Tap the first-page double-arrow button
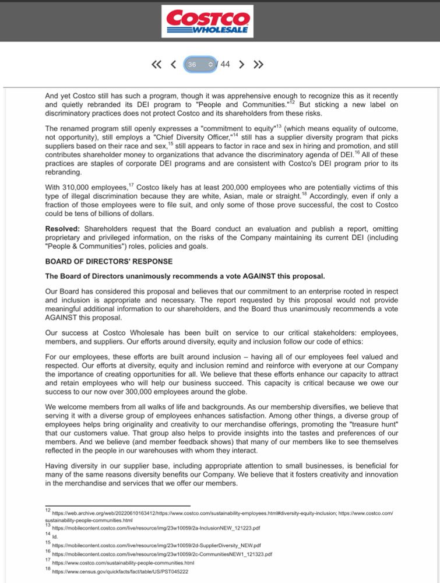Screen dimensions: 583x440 (x=156, y=64)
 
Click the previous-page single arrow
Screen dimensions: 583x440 (x=173, y=64)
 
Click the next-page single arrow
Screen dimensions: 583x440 (x=241, y=64)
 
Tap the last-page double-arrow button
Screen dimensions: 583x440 (x=258, y=64)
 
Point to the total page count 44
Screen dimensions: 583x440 (x=225, y=64)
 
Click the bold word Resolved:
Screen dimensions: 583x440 (x=62, y=229)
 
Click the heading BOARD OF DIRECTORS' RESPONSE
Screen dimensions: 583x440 (x=109, y=262)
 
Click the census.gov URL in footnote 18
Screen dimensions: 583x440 (x=120, y=572)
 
